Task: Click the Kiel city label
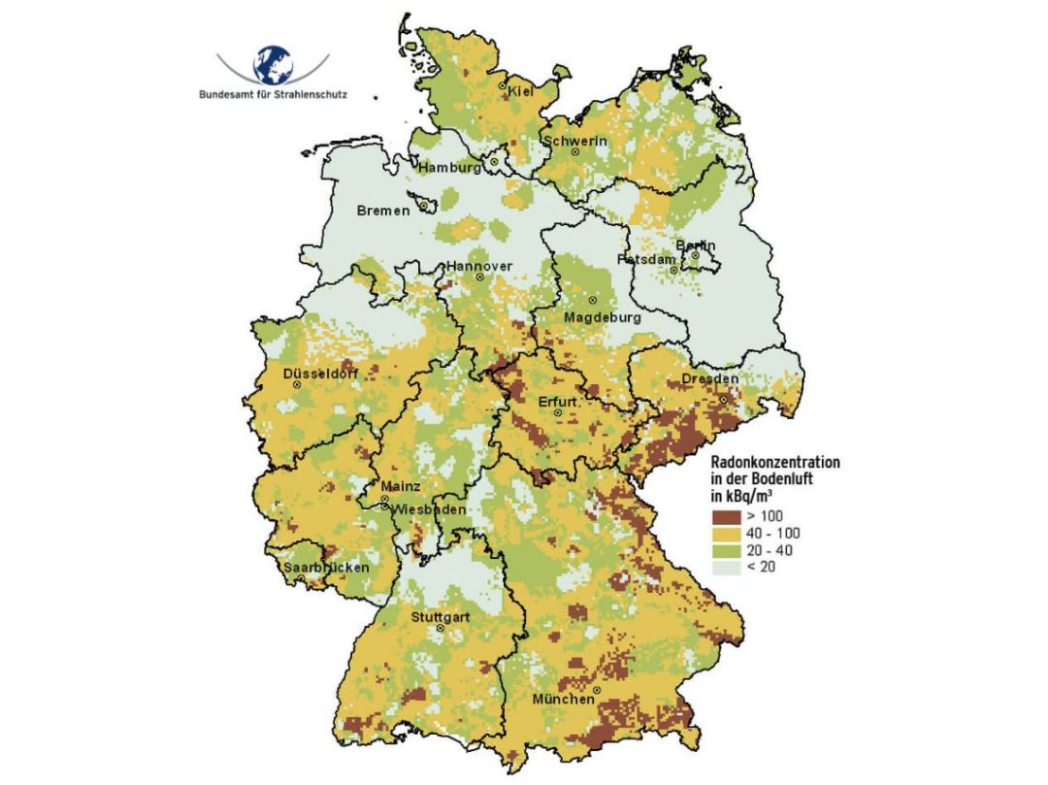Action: pos(521,91)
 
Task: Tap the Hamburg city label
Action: pos(449,168)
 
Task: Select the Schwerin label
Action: pos(576,141)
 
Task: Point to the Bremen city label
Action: pos(383,211)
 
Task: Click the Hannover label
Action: pos(478,267)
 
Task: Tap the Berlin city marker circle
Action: pos(695,255)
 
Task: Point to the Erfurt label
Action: pos(558,401)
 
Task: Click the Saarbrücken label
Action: pos(326,567)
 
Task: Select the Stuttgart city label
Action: pos(441,617)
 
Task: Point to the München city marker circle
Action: pos(598,690)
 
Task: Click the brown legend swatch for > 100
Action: pos(726,514)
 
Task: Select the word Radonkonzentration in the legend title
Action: pos(776,462)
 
